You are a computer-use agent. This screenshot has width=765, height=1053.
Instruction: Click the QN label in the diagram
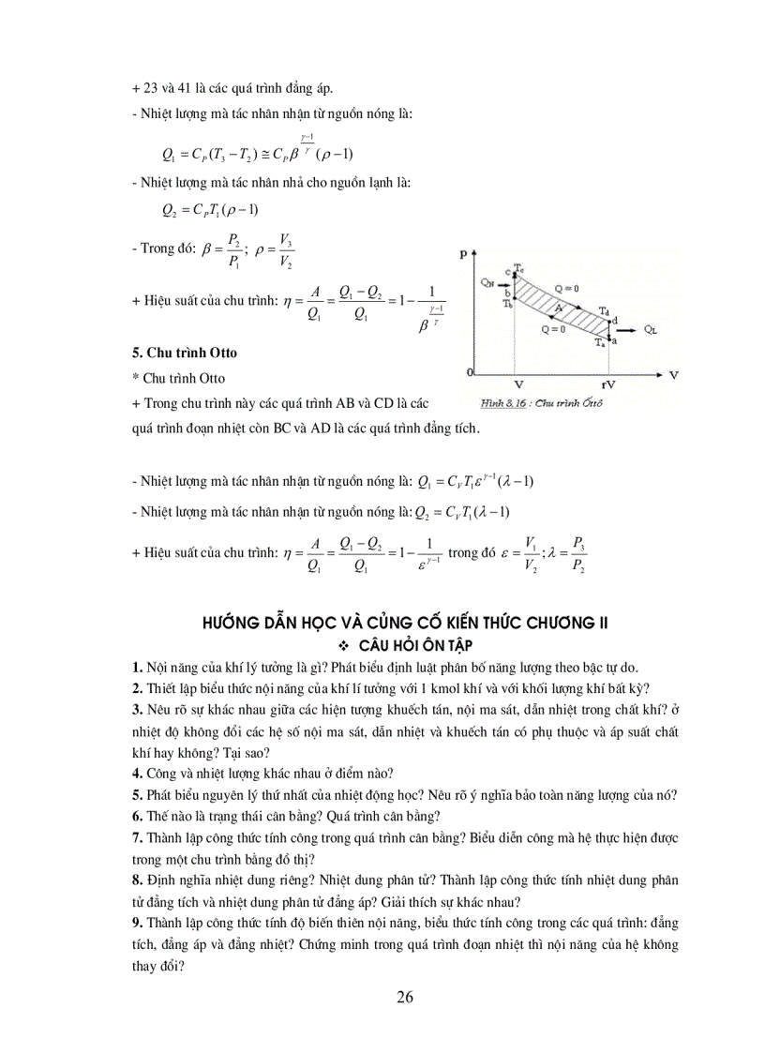click(x=486, y=280)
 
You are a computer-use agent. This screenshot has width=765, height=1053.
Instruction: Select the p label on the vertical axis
click(x=463, y=253)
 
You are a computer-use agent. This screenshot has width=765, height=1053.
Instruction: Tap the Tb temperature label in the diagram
click(x=506, y=304)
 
